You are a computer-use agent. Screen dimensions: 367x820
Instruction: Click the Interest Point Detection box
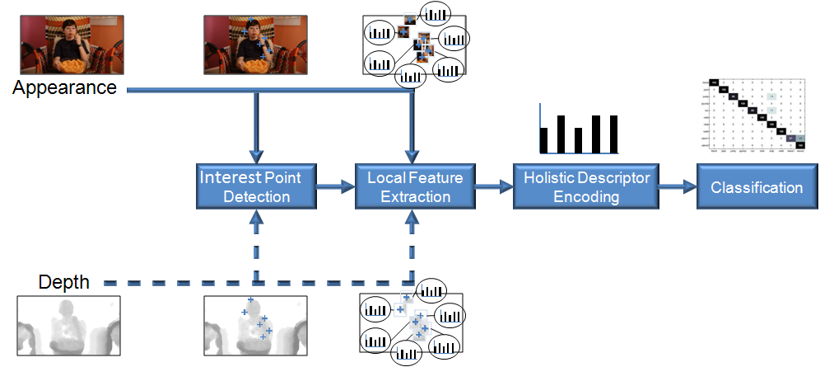(256, 187)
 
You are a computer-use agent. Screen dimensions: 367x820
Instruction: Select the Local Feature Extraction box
(408, 187)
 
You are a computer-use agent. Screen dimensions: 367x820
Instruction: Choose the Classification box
(756, 187)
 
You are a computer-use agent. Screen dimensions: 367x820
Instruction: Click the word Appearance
(64, 87)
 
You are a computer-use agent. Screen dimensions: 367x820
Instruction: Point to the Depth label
(63, 283)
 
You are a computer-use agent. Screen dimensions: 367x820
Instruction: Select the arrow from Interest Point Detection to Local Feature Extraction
(335, 188)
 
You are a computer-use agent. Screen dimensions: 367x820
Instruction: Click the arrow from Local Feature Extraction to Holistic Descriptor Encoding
(493, 188)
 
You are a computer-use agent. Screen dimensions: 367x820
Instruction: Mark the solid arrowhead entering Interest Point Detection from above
(256, 154)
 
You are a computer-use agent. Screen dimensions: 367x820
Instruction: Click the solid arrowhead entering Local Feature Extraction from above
(411, 154)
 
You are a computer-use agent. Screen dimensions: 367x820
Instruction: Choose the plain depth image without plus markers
(70, 323)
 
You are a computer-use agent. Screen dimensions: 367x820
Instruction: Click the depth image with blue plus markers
(255, 323)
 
